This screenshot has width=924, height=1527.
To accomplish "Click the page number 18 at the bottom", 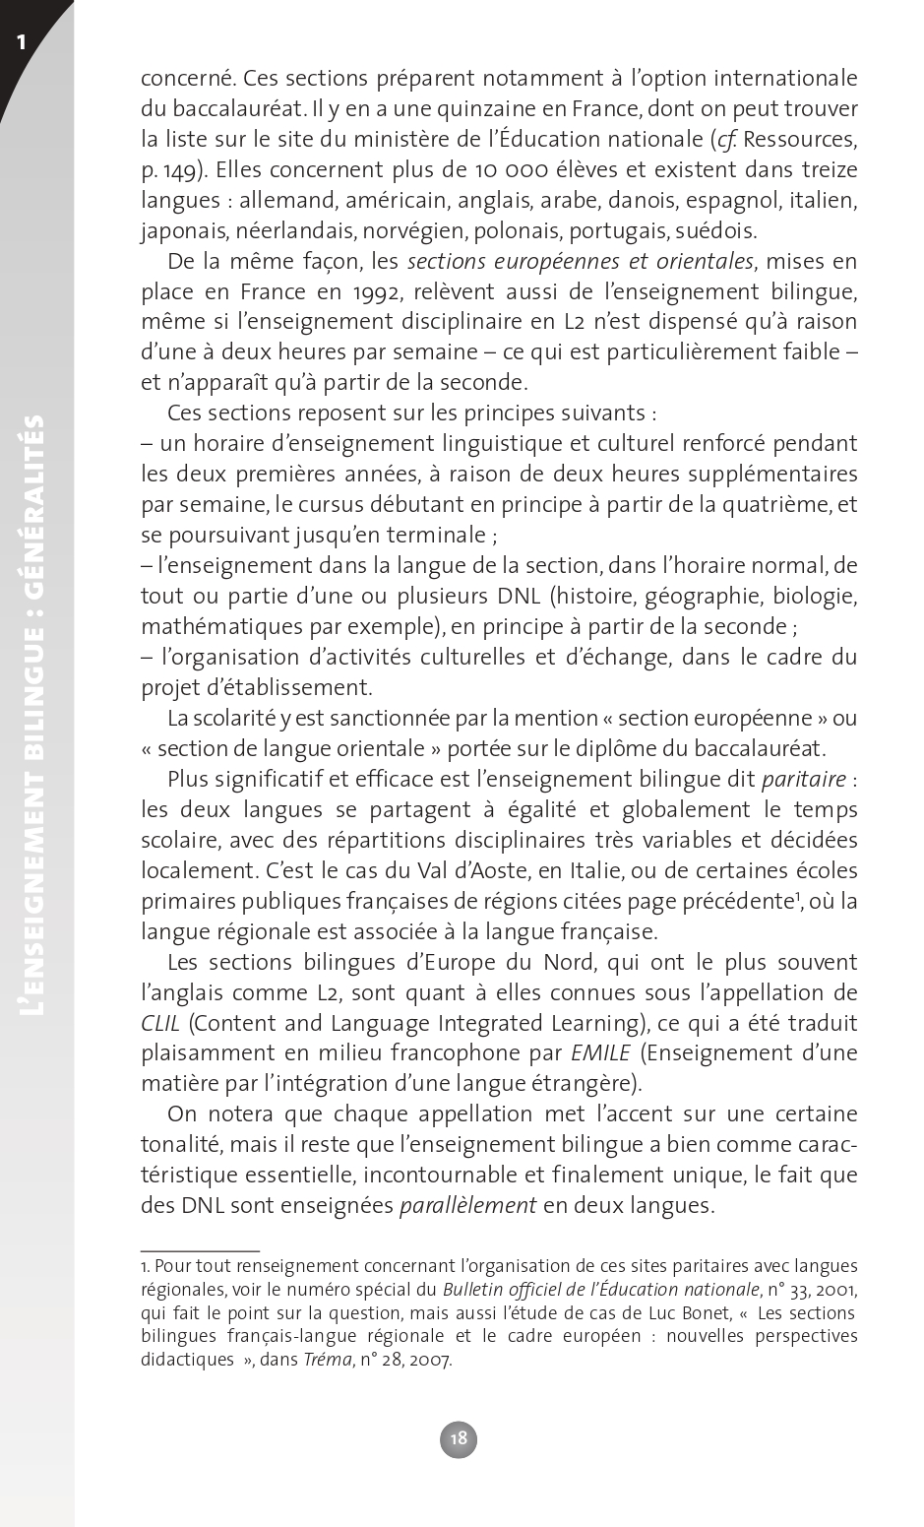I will pyautogui.click(x=459, y=1438).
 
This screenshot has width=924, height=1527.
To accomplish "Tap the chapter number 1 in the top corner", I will pyautogui.click(x=21, y=41).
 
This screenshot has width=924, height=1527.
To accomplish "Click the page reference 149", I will pyautogui.click(x=179, y=169).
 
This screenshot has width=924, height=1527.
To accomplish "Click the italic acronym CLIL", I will pyautogui.click(x=160, y=1023).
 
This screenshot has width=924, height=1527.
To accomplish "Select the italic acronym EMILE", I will pyautogui.click(x=600, y=1053).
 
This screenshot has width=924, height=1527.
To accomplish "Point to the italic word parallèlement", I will pyautogui.click(x=467, y=1205).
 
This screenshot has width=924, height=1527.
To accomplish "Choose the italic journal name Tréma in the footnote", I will pyautogui.click(x=328, y=1360).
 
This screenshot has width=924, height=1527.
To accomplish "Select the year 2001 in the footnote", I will pyautogui.click(x=836, y=1289).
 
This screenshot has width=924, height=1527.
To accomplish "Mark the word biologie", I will pyautogui.click(x=814, y=596).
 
